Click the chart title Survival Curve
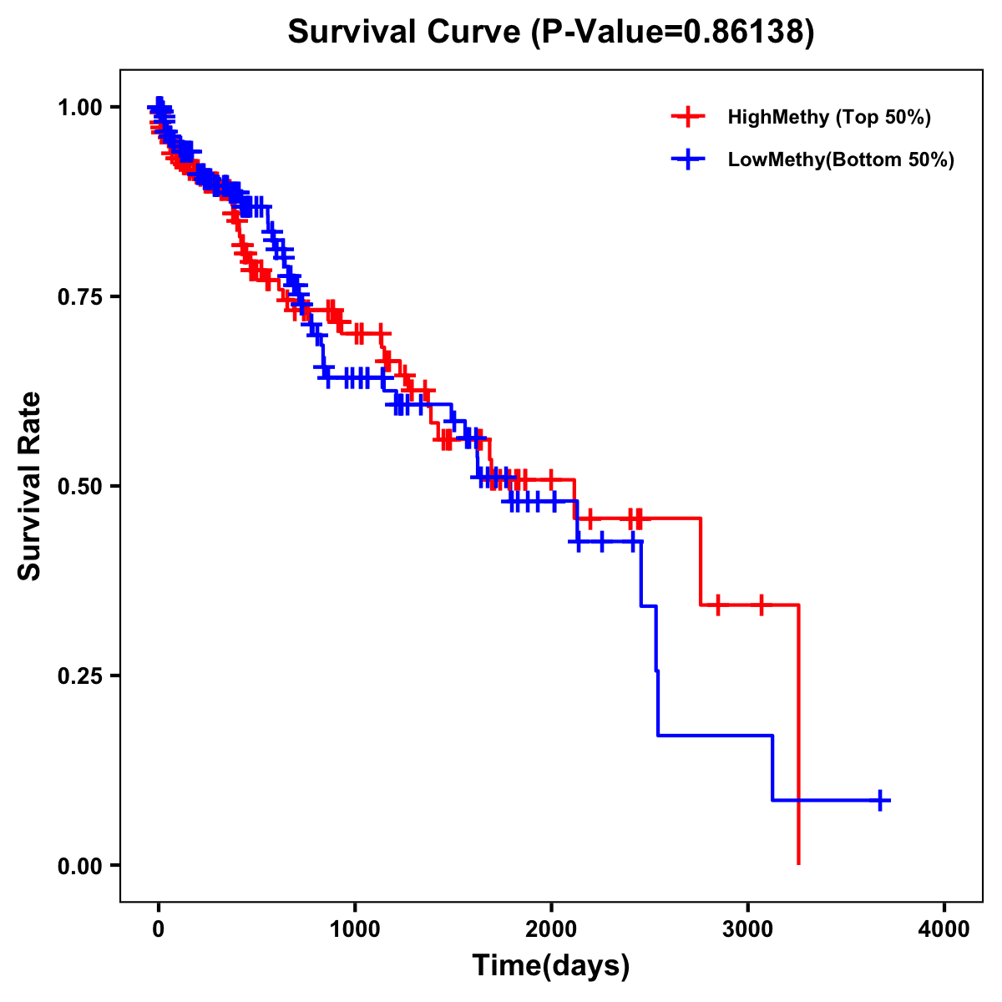tap(407, 33)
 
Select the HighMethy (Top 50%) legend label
tap(828, 117)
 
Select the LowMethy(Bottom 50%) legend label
tap(841, 160)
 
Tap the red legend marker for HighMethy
tap(688, 117)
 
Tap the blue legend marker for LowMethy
tap(688, 160)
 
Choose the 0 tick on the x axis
tap(159, 929)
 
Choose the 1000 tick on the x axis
tap(355, 929)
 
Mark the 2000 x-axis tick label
tap(551, 929)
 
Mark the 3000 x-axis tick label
tap(747, 929)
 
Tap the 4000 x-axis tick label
tap(944, 929)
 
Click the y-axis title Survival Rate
tap(31, 485)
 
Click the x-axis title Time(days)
tap(551, 966)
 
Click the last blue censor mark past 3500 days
tap(880, 800)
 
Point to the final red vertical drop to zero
tap(799, 735)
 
